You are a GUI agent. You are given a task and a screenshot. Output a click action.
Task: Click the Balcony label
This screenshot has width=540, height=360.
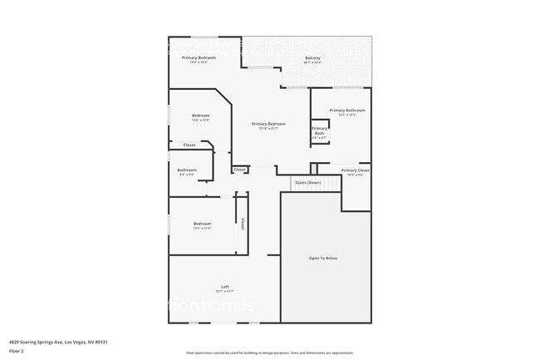coord(312,57)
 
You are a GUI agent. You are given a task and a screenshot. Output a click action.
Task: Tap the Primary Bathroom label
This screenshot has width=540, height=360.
coord(346,110)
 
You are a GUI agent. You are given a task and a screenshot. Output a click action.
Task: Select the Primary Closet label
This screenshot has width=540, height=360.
coord(356,170)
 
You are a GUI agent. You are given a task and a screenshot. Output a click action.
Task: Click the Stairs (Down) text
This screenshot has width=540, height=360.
coord(307,182)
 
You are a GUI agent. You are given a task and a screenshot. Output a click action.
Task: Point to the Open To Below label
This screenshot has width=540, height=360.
coord(323,259)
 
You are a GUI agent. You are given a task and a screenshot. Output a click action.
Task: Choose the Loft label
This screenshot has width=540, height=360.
coord(224,286)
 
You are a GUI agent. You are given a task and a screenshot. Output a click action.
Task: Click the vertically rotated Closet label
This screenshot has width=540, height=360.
coord(243,224)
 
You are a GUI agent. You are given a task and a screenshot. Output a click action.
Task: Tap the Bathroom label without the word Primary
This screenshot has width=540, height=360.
coord(187,170)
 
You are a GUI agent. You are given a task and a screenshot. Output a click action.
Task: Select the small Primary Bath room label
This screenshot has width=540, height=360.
coord(320,131)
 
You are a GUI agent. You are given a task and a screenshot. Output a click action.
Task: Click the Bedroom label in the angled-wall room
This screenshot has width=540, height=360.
coord(201,116)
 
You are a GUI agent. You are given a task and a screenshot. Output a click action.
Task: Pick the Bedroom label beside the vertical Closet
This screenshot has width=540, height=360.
coord(203,223)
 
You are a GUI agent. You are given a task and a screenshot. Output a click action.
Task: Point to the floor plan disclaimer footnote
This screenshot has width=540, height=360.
coord(270,353)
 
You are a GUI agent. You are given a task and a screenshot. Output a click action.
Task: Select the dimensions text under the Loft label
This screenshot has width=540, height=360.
coord(224,292)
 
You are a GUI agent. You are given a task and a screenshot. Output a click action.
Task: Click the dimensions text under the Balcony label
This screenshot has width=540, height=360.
coord(312,62)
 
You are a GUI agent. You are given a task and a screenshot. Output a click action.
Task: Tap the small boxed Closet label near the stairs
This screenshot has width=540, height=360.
coord(239,170)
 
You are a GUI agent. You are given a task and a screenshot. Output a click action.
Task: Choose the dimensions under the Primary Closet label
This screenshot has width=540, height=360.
coord(356,175)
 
